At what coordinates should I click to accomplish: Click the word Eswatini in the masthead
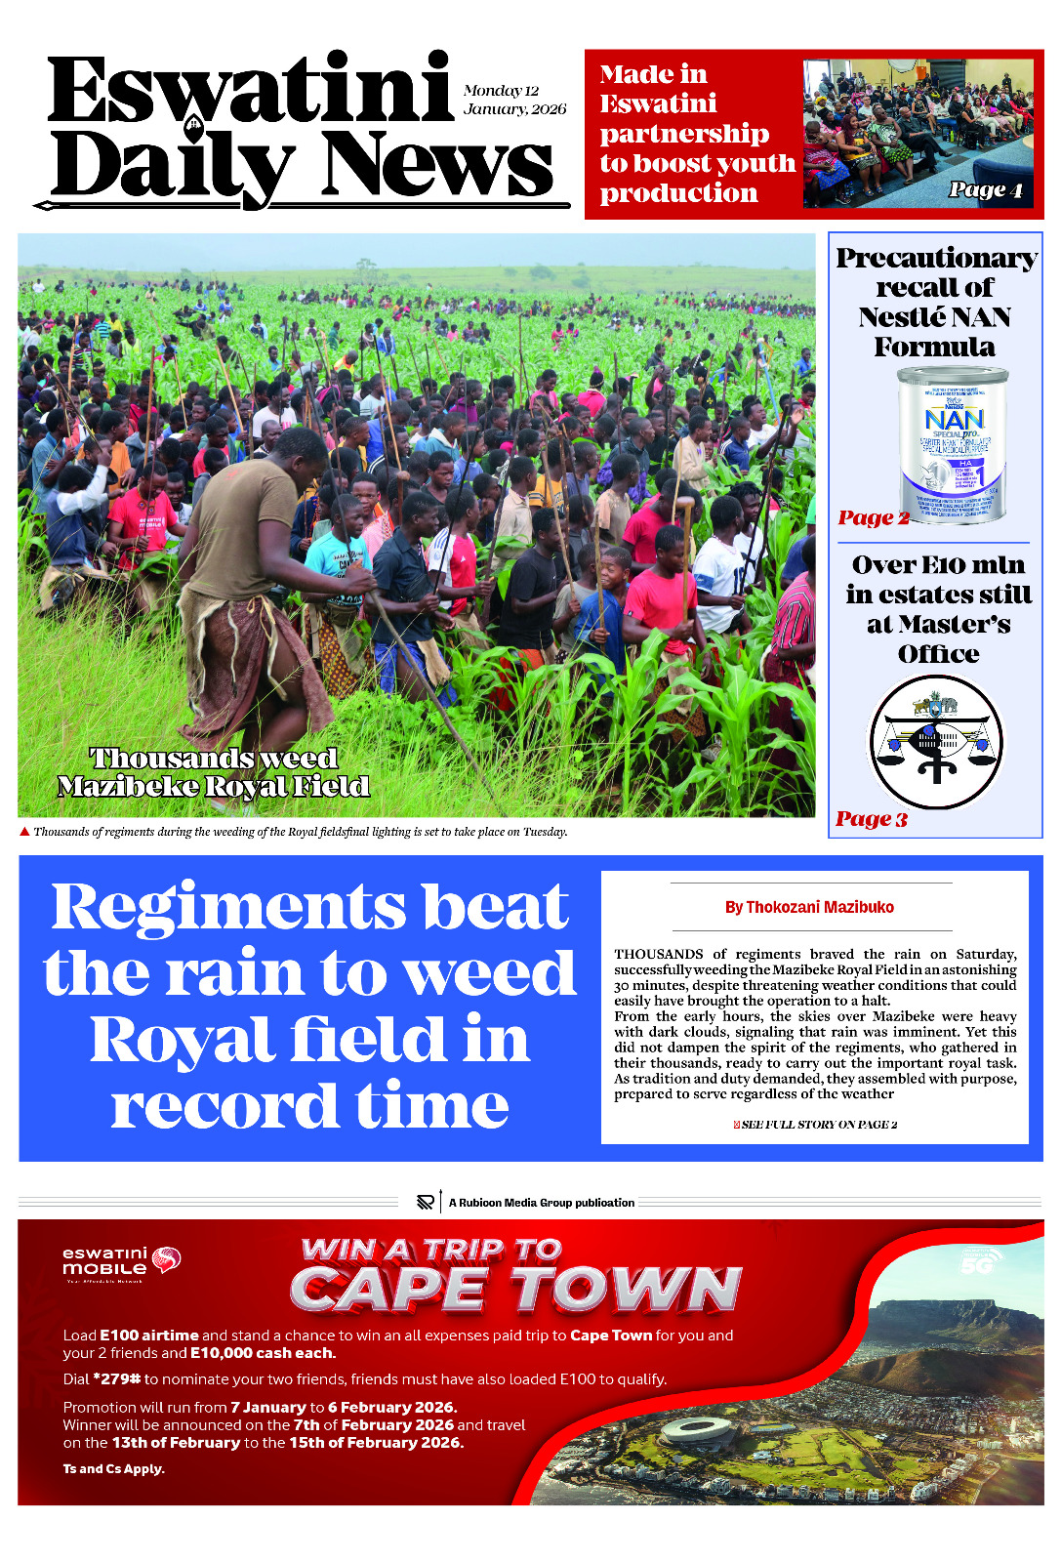250,90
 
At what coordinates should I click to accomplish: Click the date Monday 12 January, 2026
514,100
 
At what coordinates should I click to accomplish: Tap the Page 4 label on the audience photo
986,189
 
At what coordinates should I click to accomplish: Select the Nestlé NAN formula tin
952,444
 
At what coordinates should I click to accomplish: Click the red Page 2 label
873,517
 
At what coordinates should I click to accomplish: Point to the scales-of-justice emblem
937,742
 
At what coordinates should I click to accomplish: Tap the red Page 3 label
871,819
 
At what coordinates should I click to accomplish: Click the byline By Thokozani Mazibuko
809,907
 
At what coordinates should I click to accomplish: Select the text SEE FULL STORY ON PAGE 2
818,1125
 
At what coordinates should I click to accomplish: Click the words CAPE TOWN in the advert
515,1289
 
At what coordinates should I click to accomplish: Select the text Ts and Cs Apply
113,1469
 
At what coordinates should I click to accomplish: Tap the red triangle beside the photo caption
25,832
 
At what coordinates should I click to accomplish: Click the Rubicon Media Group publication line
541,1203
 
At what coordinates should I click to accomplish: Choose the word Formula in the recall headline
934,347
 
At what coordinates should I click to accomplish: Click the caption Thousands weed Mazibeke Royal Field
213,772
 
